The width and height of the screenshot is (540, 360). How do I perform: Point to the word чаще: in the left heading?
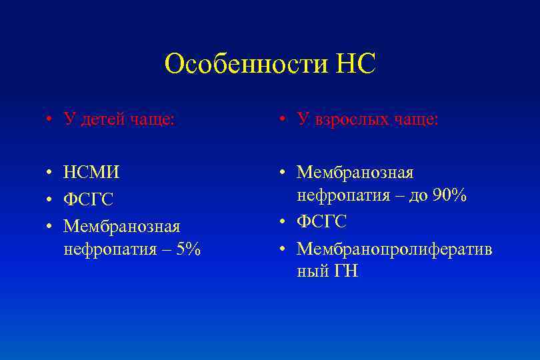pos(153,119)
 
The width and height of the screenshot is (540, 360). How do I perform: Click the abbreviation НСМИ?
pos(92,173)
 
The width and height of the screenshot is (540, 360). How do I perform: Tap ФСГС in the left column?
pos(89,200)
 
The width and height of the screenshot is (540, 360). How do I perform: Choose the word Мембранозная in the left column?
pos(122,227)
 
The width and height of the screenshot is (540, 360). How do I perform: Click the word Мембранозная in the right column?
pos(355,173)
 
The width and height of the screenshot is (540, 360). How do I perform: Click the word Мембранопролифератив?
pos(395,249)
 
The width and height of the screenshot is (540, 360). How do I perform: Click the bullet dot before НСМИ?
pos(50,173)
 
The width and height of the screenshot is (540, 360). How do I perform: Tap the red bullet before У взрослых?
pos(283,120)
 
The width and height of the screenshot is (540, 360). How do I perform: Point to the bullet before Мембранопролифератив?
pos(283,249)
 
